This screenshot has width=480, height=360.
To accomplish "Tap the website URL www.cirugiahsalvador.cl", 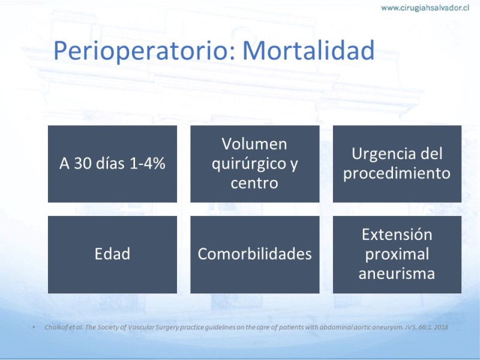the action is pyautogui.click(x=425, y=8).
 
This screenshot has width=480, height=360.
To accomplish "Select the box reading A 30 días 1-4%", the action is pyautogui.click(x=112, y=164).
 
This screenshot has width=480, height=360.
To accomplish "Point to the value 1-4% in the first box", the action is pyautogui.click(x=148, y=163).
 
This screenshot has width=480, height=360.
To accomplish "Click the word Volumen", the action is pyautogui.click(x=254, y=144).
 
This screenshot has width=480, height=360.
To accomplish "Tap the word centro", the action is pyautogui.click(x=254, y=184).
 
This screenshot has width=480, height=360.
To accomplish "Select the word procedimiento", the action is pyautogui.click(x=397, y=174).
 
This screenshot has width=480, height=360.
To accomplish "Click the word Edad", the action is pyautogui.click(x=112, y=254).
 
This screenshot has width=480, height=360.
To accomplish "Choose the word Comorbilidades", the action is pyautogui.click(x=254, y=254).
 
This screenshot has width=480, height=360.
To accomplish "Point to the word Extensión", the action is pyautogui.click(x=397, y=235).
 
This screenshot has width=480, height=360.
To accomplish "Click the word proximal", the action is pyautogui.click(x=397, y=254).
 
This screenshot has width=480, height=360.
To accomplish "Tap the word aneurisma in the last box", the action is pyautogui.click(x=397, y=274).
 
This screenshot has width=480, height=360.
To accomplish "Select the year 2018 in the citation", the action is pyautogui.click(x=441, y=327).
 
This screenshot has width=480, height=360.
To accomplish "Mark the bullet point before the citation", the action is pyautogui.click(x=34, y=328).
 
